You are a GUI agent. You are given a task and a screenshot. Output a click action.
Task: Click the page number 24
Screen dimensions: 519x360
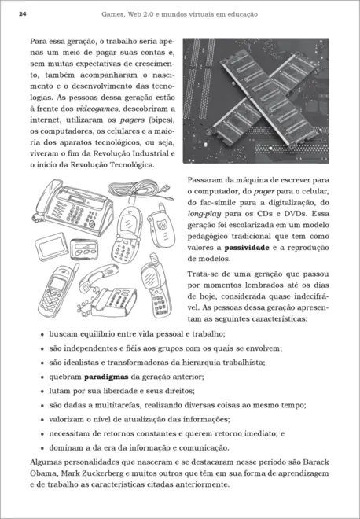tap(22, 13)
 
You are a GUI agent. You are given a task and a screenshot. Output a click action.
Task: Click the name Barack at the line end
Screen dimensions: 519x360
tap(314, 460)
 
